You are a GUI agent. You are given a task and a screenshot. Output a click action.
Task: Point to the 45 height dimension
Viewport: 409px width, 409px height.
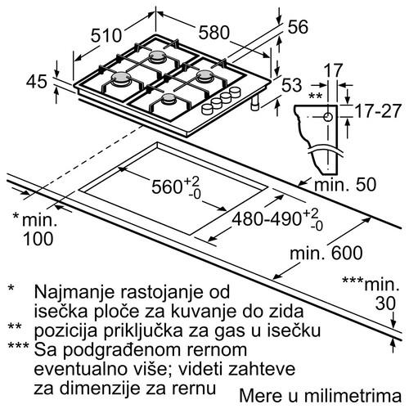[x=36, y=81]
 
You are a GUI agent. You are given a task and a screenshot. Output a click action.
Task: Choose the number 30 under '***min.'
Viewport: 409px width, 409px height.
[x=378, y=303]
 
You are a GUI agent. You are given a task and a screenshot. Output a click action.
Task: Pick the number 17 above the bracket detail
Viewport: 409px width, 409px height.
[x=331, y=71]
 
